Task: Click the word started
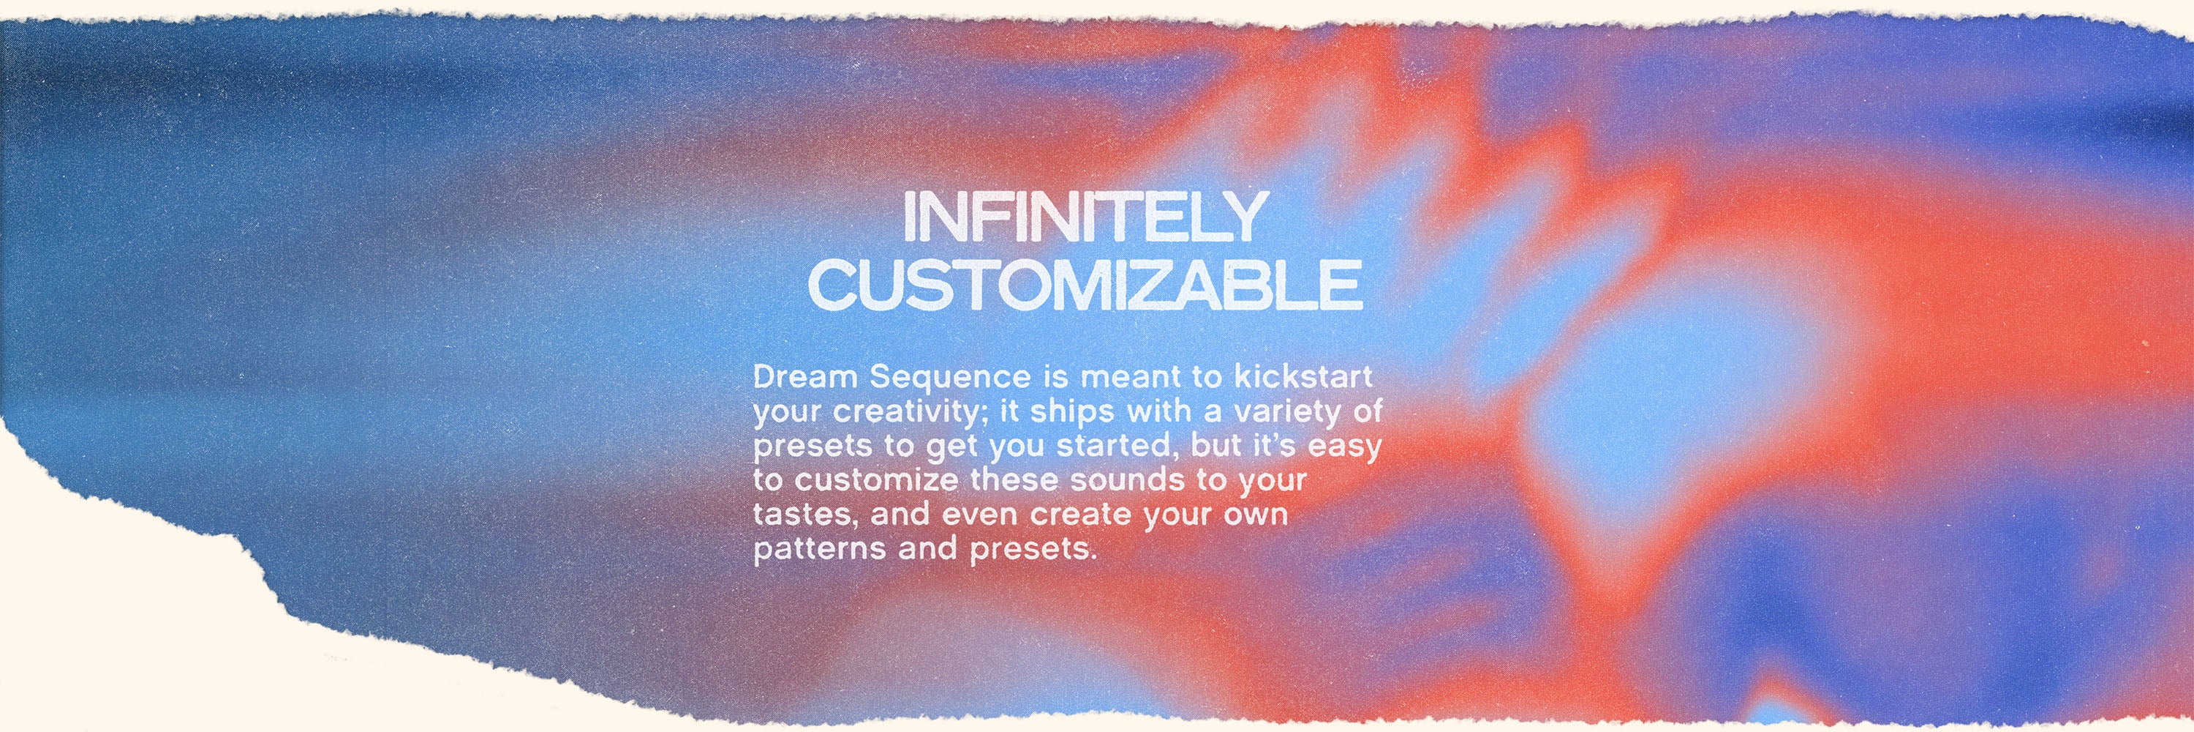[1112, 446]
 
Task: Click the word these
[1016, 479]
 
